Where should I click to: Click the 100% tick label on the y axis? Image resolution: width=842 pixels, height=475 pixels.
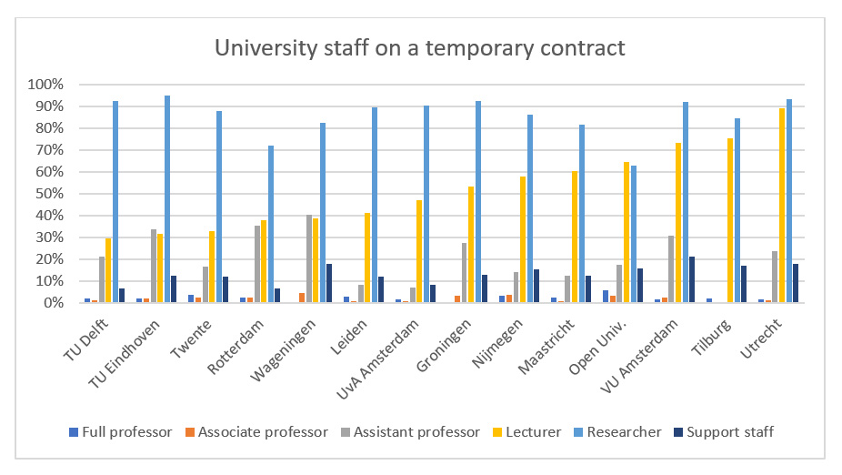[45, 85]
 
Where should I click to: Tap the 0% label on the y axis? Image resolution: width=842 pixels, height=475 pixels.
[52, 303]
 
